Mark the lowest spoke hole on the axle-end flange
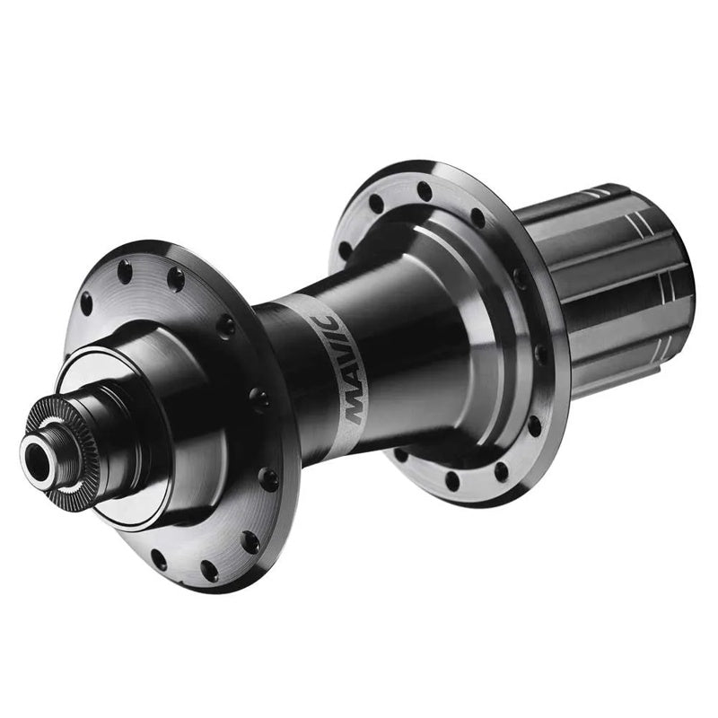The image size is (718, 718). (209, 571)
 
